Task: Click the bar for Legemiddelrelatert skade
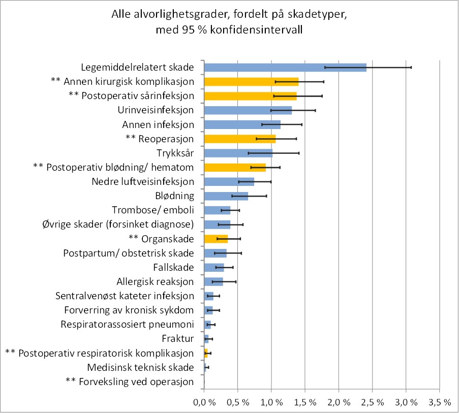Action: tap(285, 67)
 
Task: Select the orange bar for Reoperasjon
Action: tap(239, 139)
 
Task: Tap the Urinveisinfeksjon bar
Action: tap(248, 110)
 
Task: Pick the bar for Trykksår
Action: tap(238, 153)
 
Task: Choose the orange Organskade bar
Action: tap(216, 239)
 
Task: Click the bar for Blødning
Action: tap(226, 196)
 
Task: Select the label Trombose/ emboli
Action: tap(152, 210)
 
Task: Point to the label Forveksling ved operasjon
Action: tap(130, 382)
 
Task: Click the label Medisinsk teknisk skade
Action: tap(140, 367)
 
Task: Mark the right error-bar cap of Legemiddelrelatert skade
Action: tap(411, 67)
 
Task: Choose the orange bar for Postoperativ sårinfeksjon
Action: tap(250, 96)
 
